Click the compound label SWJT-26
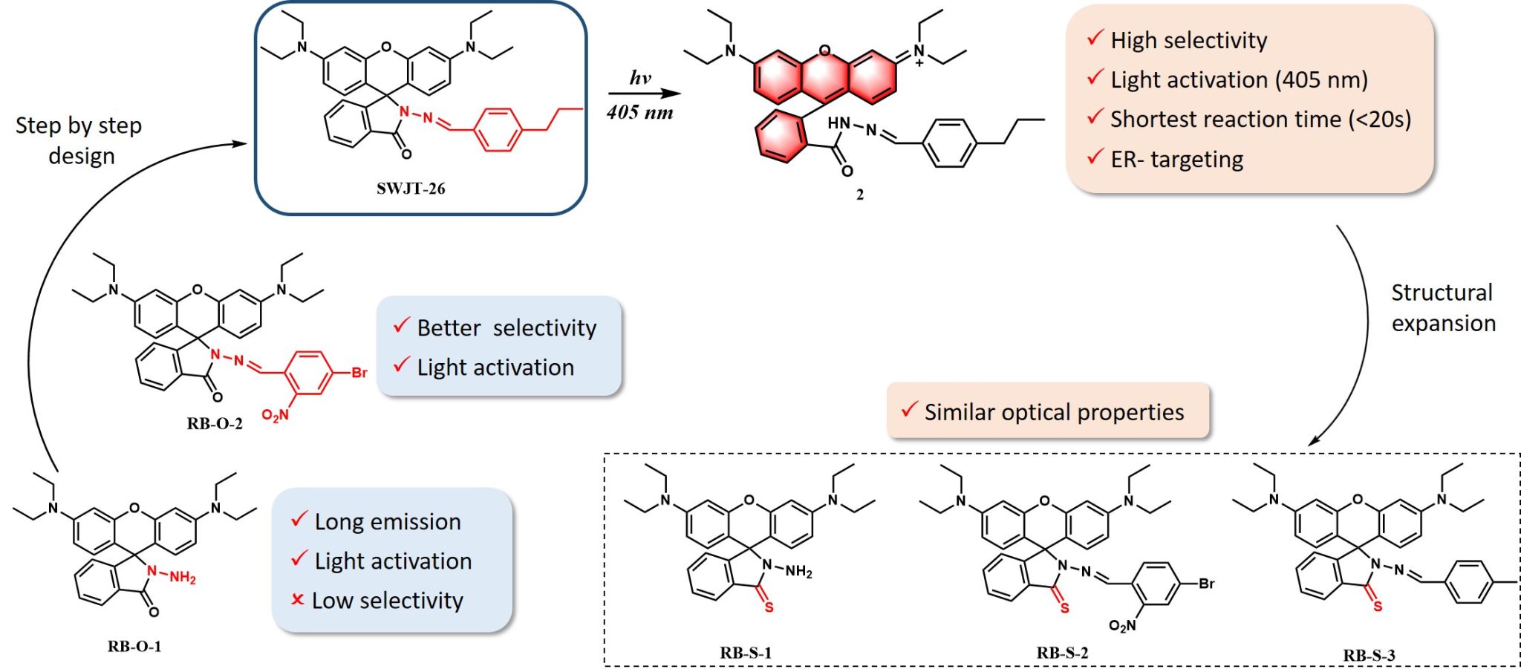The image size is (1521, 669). tap(410, 189)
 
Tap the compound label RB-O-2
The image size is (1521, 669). tap(215, 424)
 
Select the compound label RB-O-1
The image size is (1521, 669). tap(134, 647)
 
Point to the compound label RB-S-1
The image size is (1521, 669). tap(746, 653)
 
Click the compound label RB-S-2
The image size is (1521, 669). tap(1062, 653)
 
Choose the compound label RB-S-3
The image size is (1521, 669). tap(1369, 656)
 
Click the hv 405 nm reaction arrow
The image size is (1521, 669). tap(644, 94)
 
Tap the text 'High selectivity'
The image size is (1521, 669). tap(1188, 40)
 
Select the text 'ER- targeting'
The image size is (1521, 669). tap(1176, 159)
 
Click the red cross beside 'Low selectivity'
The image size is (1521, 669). tap(298, 599)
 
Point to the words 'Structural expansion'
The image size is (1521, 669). tap(1442, 308)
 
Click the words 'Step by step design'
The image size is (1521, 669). tap(79, 140)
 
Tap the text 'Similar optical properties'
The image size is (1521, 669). tap(1054, 412)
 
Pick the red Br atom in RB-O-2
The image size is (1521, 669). tap(359, 373)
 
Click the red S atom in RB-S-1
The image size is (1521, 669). tap(769, 607)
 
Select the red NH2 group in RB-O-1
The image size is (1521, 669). tap(181, 578)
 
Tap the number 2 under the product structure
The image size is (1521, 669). tap(859, 195)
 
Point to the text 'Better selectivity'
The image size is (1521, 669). tap(507, 327)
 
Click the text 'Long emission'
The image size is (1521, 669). tap(387, 522)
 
